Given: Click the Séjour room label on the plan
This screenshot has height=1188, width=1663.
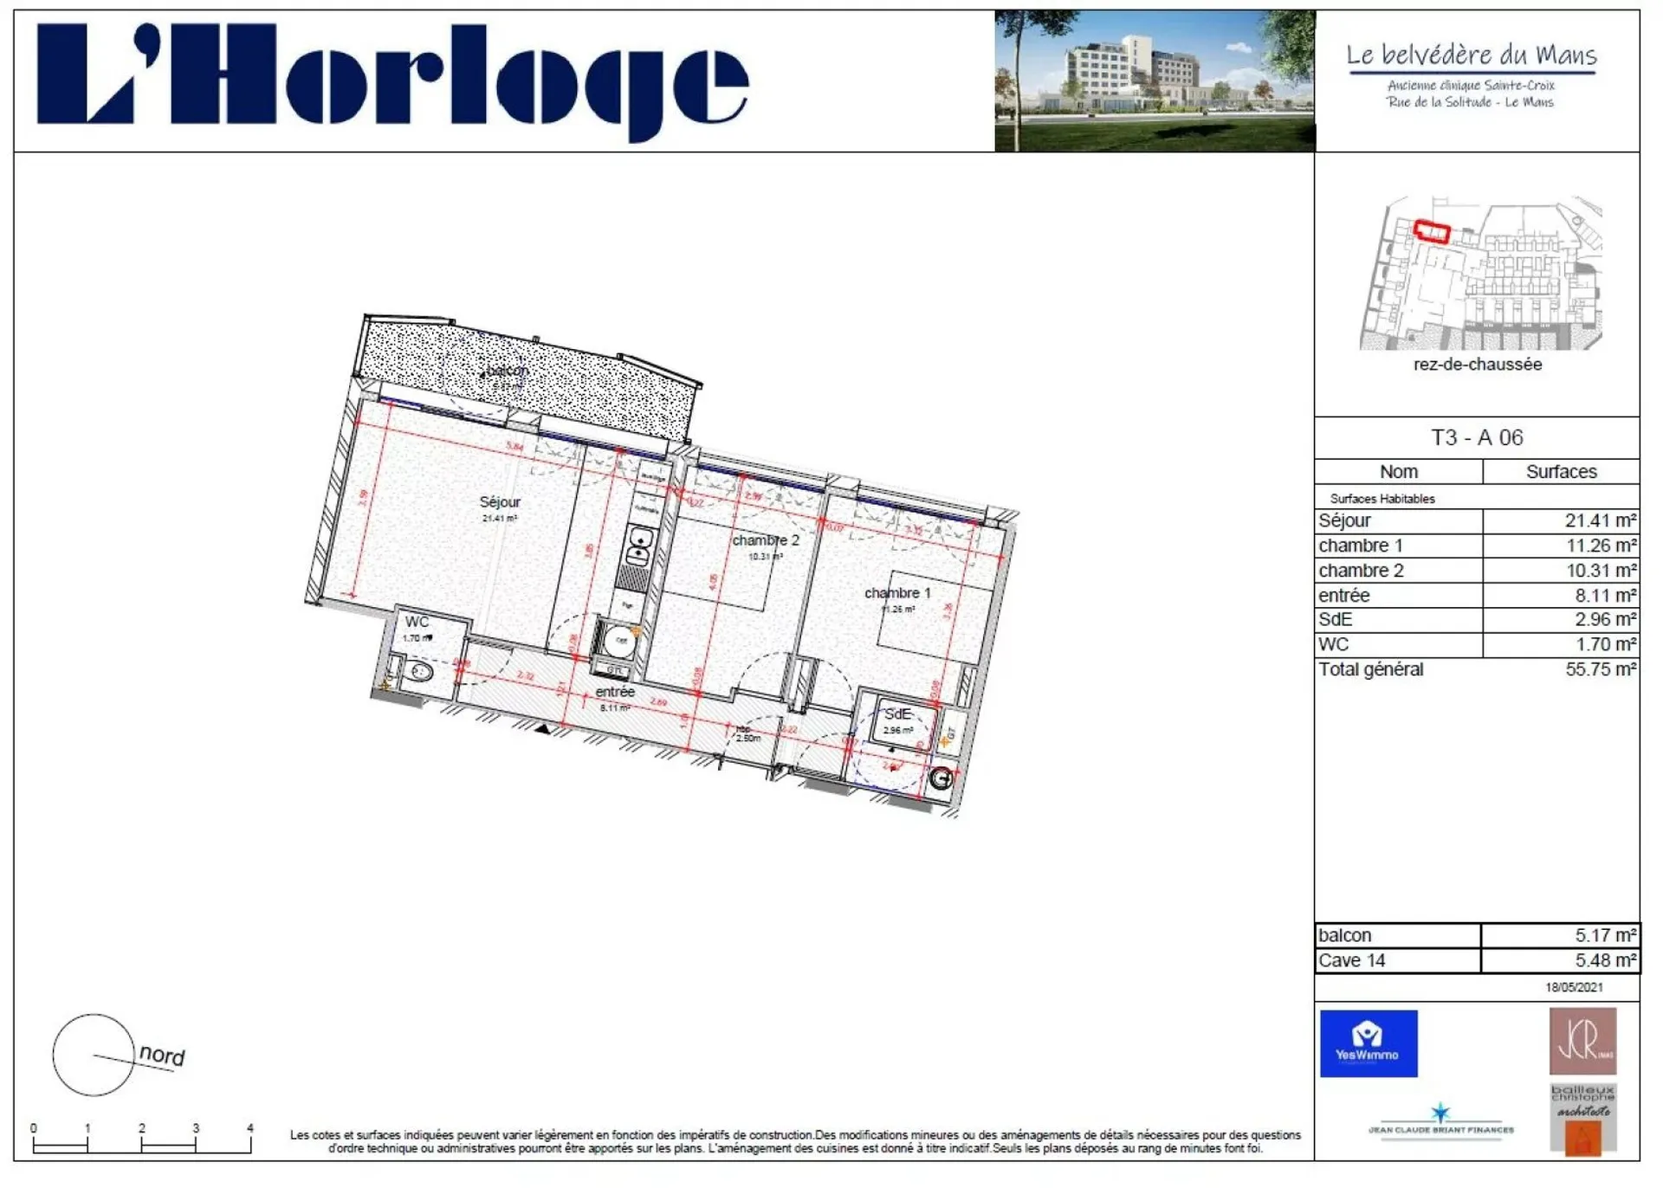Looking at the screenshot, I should pyautogui.click(x=500, y=502).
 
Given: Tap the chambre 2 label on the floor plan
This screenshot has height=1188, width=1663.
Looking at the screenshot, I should pyautogui.click(x=766, y=540).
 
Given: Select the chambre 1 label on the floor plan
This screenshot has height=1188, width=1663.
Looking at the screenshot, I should pyautogui.click(x=897, y=593).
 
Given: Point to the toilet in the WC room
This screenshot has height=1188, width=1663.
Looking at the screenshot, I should pyautogui.click(x=420, y=672).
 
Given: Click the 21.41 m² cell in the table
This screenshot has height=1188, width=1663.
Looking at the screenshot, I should pyautogui.click(x=1600, y=520).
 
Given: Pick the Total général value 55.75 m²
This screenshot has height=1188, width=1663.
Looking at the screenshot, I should pyautogui.click(x=1600, y=669).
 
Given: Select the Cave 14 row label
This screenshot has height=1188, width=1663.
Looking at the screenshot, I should pyautogui.click(x=1351, y=960).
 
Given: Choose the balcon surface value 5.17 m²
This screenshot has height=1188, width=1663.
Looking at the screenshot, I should pyautogui.click(x=1605, y=935).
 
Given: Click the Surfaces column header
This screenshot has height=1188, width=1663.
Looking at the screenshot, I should pyautogui.click(x=1561, y=472).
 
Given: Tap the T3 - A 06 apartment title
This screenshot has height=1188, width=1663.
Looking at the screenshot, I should pyautogui.click(x=1476, y=437).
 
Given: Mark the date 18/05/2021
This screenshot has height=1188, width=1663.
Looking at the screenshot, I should pyautogui.click(x=1574, y=987).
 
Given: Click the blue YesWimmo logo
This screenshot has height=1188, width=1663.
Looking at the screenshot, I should pyautogui.click(x=1368, y=1043).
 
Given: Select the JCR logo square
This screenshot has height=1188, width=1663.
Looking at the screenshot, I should pyautogui.click(x=1582, y=1041).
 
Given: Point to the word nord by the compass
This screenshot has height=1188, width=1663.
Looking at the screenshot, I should pyautogui.click(x=162, y=1055).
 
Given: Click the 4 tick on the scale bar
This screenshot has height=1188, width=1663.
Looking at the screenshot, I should pyautogui.click(x=250, y=1128).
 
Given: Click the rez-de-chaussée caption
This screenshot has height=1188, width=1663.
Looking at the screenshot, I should pyautogui.click(x=1477, y=365).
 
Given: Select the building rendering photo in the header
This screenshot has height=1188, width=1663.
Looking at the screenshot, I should pyautogui.click(x=1154, y=81).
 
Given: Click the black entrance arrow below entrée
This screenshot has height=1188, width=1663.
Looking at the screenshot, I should pyautogui.click(x=543, y=729).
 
